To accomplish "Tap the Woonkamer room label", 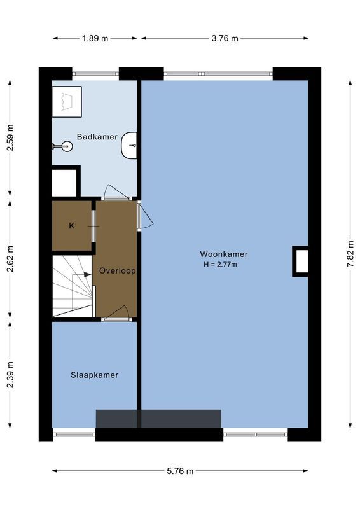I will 223,254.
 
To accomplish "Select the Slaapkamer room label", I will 94,375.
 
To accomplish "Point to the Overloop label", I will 118,270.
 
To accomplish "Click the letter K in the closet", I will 71,225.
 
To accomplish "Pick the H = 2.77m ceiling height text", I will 220,265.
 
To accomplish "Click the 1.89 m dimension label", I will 95,38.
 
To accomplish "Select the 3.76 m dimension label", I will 225,38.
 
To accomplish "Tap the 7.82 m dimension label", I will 349,254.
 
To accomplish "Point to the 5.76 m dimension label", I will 179,471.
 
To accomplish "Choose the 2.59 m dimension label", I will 10,137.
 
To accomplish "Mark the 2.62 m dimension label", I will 10,259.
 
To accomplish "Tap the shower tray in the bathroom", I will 67,101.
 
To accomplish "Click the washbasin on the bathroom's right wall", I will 130,146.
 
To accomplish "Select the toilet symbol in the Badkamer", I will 64,146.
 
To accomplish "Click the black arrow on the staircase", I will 87,274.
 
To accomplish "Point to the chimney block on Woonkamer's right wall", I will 300,261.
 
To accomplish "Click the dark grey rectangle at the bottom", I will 158,419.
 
